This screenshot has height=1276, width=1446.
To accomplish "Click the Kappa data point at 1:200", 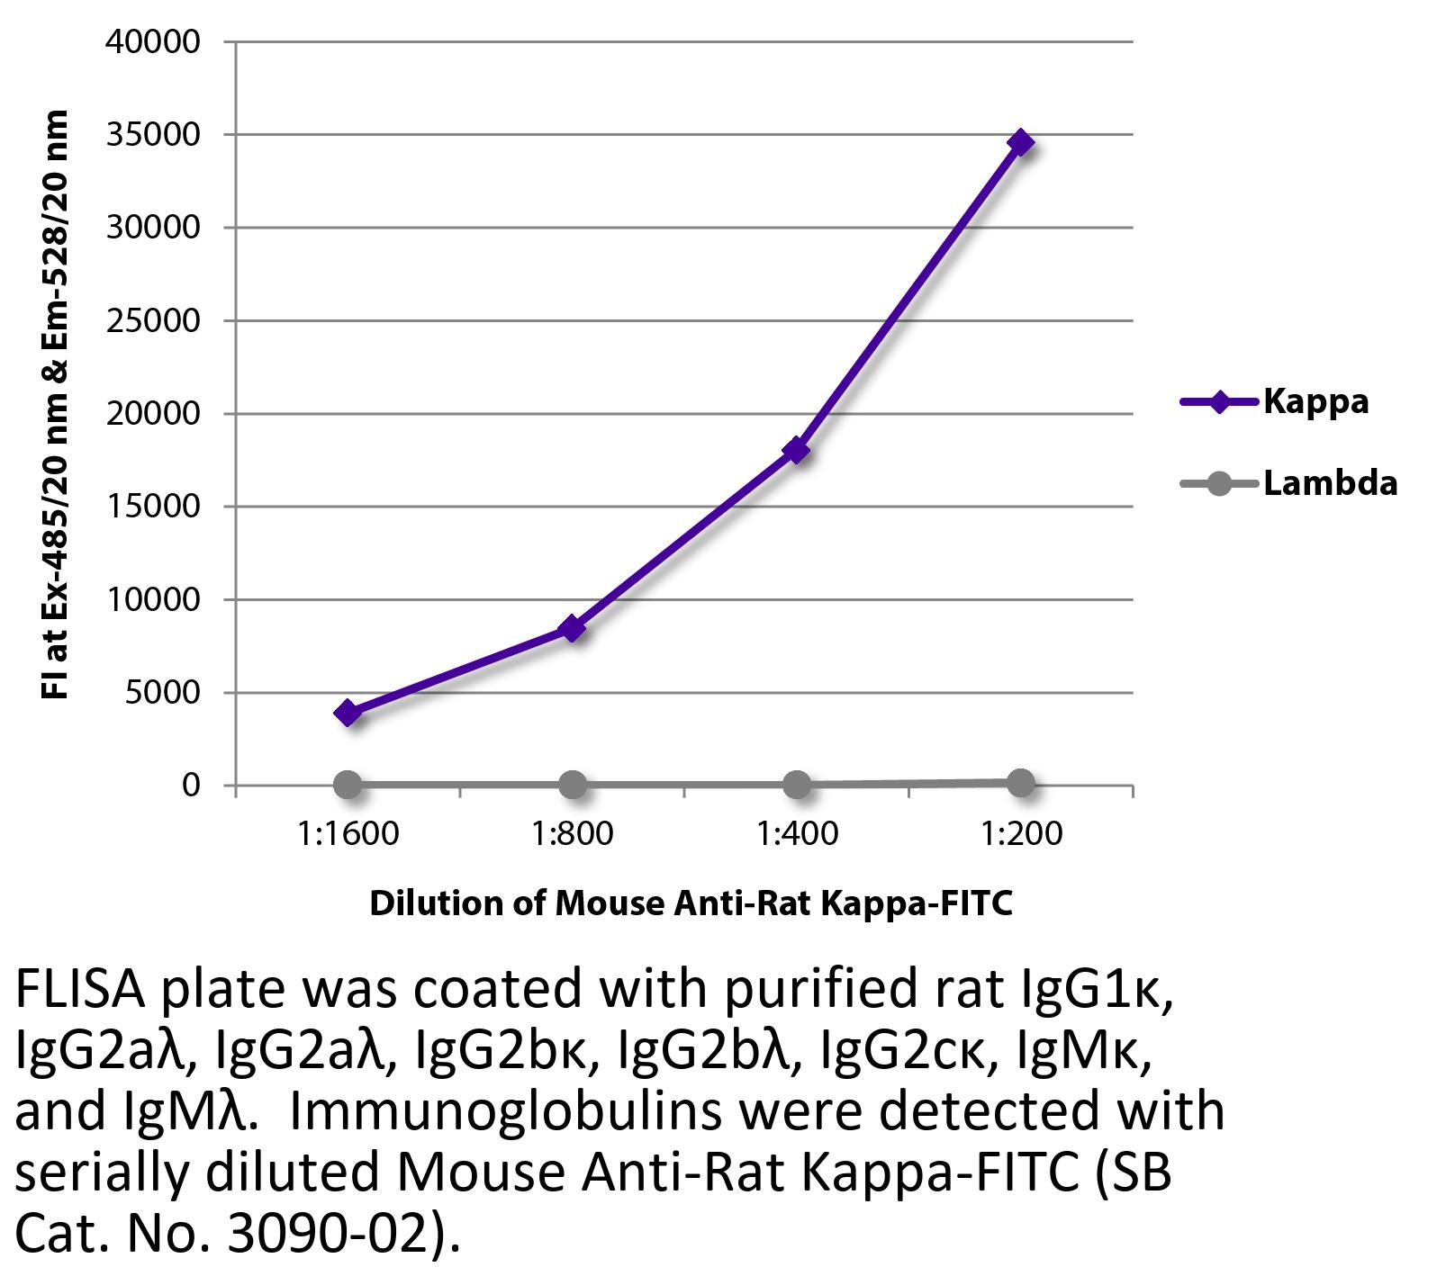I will pos(1021,142).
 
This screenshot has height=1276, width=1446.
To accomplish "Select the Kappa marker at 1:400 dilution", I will pos(796,450).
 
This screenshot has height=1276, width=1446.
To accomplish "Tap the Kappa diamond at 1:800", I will pos(573,628).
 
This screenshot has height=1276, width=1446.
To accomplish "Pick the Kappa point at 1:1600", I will pos(348,713).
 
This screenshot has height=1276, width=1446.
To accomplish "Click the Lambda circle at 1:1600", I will pos(348,785).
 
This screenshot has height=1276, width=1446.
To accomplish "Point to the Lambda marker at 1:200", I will pos(1021,783).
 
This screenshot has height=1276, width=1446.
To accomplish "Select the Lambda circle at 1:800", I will pos(573,785).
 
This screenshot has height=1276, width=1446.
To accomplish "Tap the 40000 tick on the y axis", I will pos(152,42).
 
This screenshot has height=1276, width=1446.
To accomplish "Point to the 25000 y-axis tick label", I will pos(152,321).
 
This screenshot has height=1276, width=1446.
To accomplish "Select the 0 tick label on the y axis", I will pos(190,786).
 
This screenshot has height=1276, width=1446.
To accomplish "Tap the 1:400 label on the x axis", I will pos(797,833).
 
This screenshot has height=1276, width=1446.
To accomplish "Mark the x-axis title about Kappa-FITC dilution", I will pos(691,903).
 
